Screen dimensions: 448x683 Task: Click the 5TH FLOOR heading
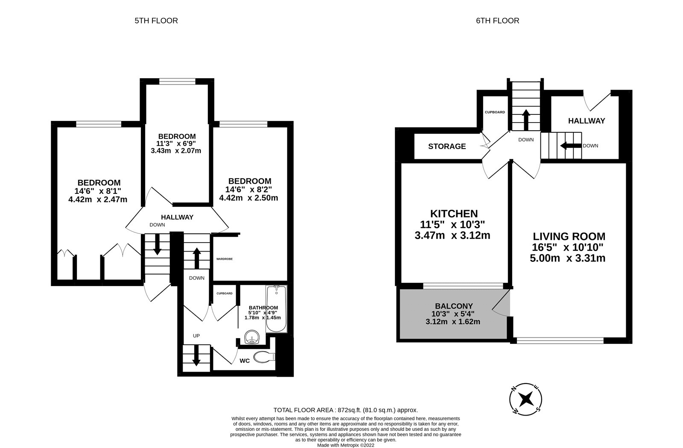coord(156,20)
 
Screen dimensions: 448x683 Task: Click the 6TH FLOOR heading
coord(498,20)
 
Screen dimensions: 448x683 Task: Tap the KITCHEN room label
coord(453,214)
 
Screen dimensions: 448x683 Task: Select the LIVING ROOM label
coord(569,236)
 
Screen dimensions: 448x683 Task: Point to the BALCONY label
coord(454,306)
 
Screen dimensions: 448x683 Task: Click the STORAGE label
coord(447,146)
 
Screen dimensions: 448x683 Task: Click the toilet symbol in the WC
coord(264,357)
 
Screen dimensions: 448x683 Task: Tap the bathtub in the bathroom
coord(276,309)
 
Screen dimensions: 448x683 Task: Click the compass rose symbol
coord(526,400)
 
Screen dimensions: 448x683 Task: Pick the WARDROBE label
coord(224,259)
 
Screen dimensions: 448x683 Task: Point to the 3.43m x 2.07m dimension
coord(176,151)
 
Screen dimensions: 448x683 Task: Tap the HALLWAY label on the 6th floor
coord(586,121)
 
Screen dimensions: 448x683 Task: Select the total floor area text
coord(346,410)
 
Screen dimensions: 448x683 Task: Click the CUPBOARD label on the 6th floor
coord(495,112)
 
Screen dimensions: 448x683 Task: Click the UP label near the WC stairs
coord(196,336)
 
